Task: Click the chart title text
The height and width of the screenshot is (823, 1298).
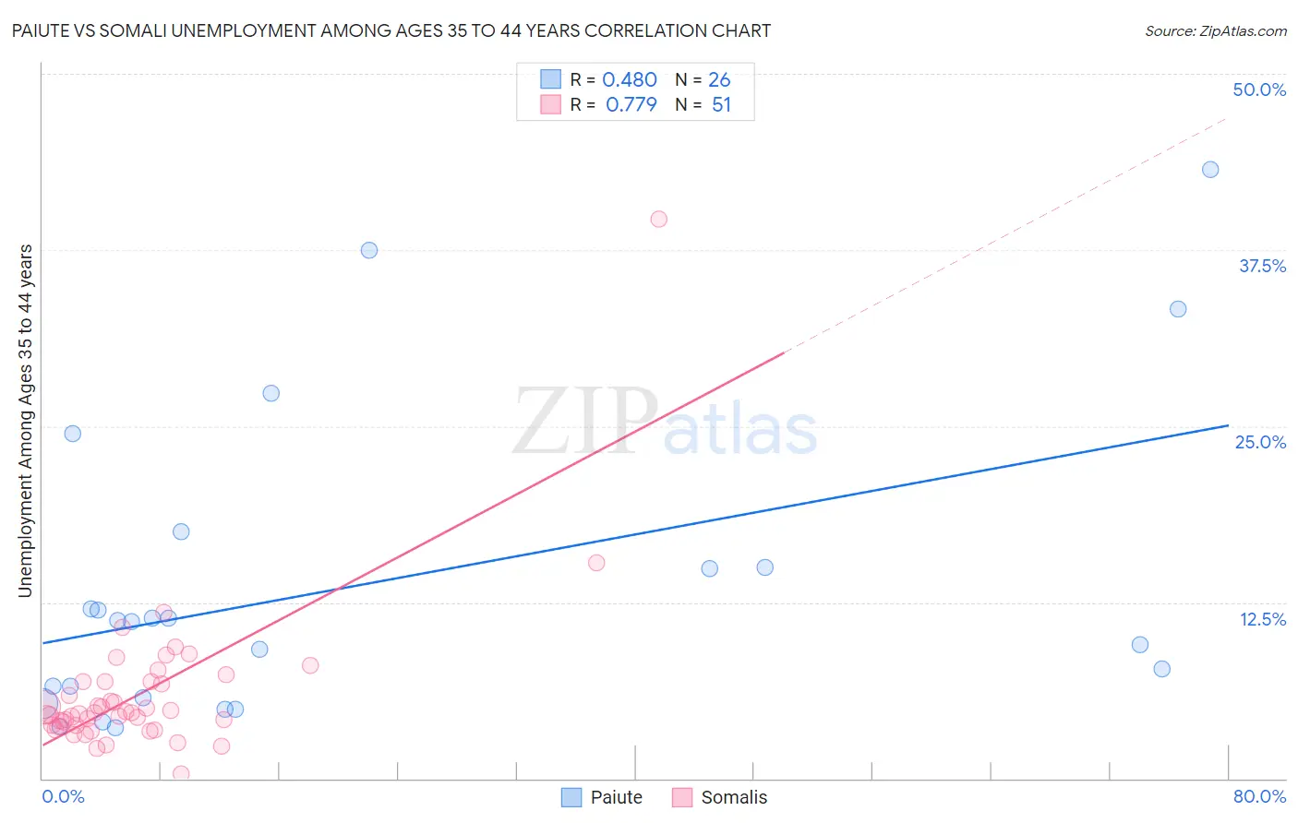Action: [x=391, y=30]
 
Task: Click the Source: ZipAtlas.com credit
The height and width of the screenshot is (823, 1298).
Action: [x=1215, y=30]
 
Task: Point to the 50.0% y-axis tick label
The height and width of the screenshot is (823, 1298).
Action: [x=1259, y=89]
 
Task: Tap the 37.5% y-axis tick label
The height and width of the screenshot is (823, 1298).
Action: [x=1262, y=266]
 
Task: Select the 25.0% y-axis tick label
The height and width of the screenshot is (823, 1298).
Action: [x=1260, y=442]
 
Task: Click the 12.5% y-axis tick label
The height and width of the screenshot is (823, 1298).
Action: [x=1262, y=619]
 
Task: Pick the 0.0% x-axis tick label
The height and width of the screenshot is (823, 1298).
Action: [x=63, y=796]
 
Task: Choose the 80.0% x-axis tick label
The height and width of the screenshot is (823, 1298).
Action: [x=1259, y=796]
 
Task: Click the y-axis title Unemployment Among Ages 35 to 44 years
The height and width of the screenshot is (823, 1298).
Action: [x=25, y=421]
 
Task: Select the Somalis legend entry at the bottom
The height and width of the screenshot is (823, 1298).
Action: [x=720, y=797]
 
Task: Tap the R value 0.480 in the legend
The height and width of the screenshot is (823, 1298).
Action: [x=630, y=80]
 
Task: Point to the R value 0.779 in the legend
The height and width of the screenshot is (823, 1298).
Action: [x=631, y=104]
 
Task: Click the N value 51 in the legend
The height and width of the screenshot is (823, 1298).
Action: [x=721, y=104]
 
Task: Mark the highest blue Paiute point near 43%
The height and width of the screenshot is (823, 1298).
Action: [x=1210, y=170]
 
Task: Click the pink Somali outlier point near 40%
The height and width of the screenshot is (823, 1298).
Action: [x=658, y=220]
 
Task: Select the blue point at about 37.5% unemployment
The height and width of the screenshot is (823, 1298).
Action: [x=369, y=250]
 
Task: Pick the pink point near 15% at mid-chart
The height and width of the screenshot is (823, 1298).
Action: [x=596, y=563]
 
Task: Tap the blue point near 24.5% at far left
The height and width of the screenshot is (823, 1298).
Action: [x=73, y=434]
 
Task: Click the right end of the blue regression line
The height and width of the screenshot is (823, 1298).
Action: [x=1228, y=425]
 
